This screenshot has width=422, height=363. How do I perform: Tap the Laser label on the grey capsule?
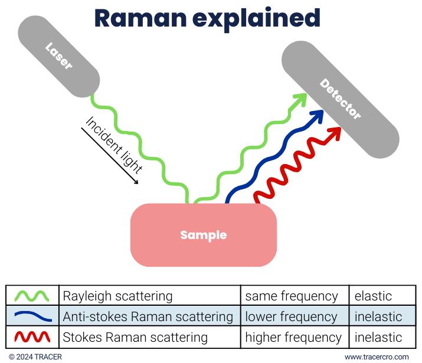[x=59, y=56]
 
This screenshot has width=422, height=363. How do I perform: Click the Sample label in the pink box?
[x=203, y=235]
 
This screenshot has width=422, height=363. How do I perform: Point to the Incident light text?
[x=115, y=144]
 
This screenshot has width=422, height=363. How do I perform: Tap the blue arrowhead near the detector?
[x=319, y=116]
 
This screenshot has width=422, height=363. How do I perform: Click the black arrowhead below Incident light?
[x=135, y=181]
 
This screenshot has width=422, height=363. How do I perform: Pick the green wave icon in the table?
[x=33, y=296]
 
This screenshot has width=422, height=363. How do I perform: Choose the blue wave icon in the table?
[x=33, y=316]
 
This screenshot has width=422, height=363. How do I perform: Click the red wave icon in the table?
[x=33, y=337]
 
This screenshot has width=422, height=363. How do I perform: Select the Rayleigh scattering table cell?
[x=117, y=296]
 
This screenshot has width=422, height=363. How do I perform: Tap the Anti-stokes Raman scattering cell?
[x=148, y=316]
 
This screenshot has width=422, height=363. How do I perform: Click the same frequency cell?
[x=292, y=296]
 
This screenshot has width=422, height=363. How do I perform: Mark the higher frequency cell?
[x=293, y=337]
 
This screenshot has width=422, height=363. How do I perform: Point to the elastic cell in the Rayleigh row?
[x=373, y=296]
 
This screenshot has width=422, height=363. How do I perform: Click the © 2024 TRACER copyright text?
[x=35, y=357]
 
